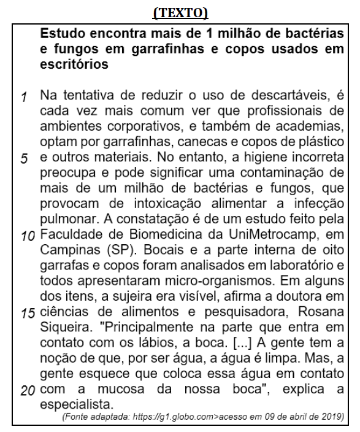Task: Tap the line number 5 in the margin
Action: [x=24, y=158]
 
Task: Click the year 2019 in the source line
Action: [x=331, y=417]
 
